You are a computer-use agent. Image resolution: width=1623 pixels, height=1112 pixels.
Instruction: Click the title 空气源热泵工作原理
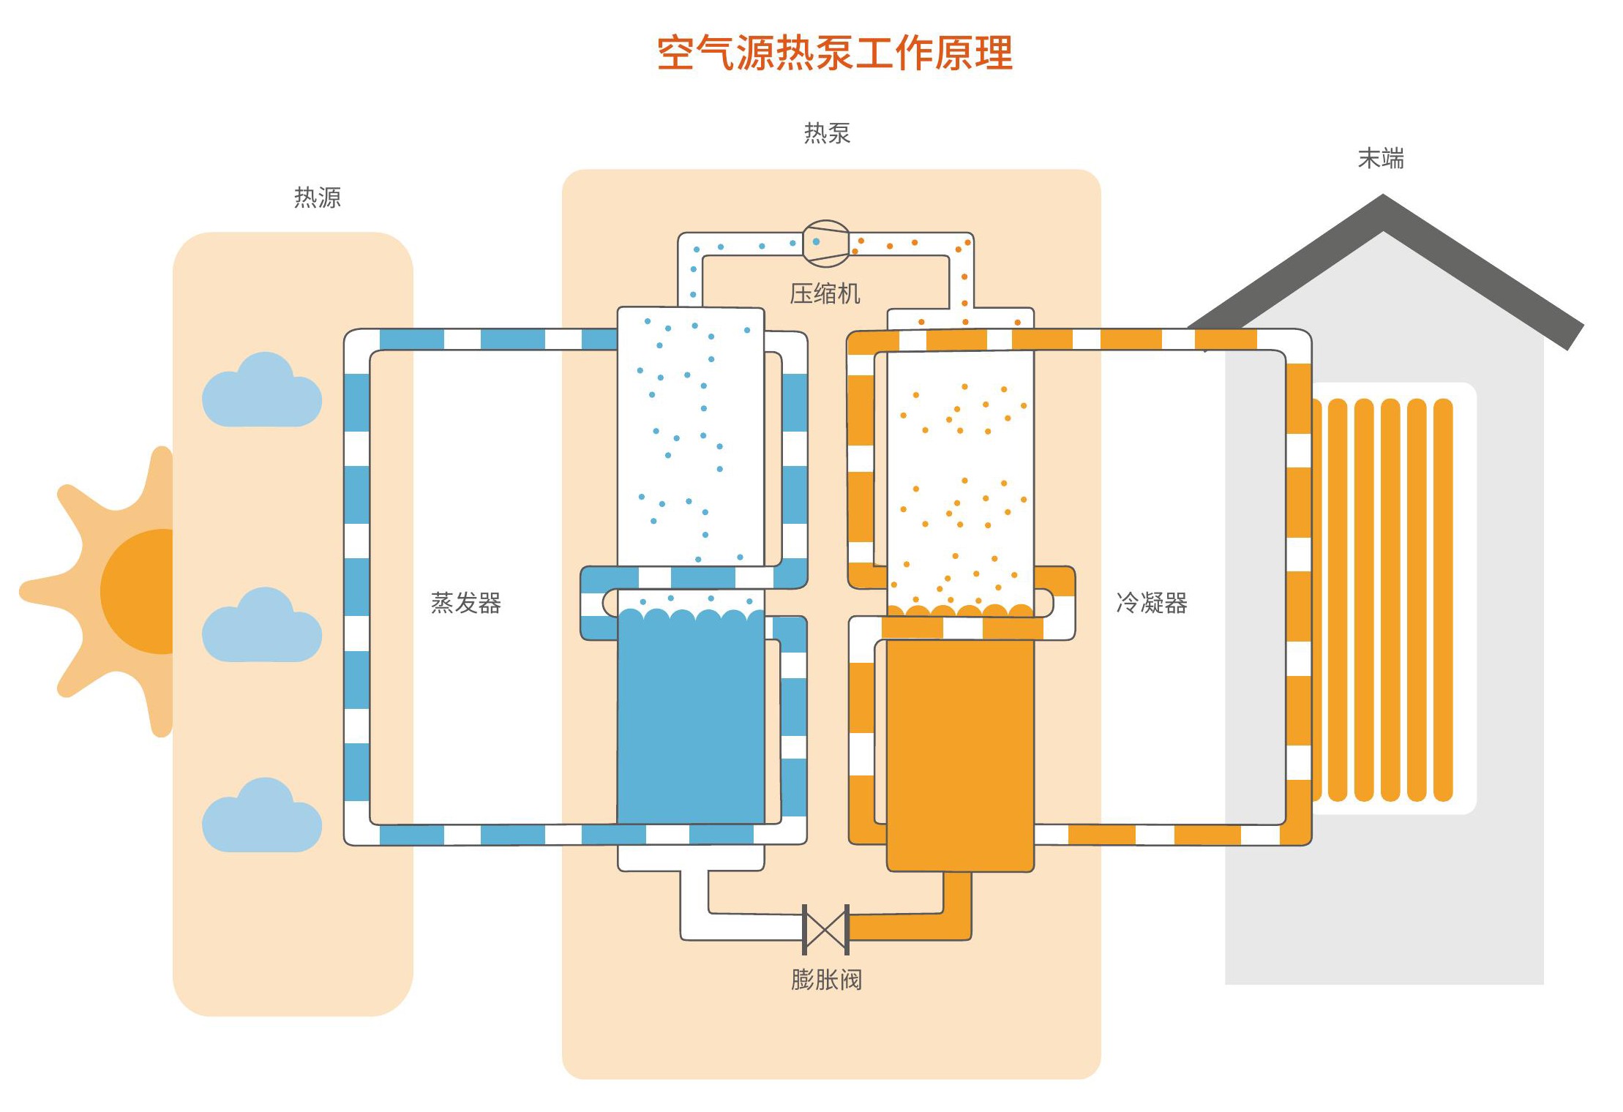(x=834, y=53)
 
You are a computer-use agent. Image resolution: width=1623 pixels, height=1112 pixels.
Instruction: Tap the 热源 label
(x=317, y=198)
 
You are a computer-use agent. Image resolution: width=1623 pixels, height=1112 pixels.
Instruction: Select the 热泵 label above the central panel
(x=827, y=133)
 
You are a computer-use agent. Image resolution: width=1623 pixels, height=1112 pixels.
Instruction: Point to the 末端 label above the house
(x=1381, y=159)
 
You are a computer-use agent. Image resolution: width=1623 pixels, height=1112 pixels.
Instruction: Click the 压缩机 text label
(x=825, y=294)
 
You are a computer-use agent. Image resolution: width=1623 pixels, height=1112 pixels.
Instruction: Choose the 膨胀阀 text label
(x=826, y=980)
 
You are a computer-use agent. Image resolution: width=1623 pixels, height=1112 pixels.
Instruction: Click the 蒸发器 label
(x=466, y=603)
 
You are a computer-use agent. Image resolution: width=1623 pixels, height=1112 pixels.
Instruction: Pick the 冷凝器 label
(x=1151, y=603)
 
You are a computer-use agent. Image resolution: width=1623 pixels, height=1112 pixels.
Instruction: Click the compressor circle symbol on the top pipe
(x=826, y=243)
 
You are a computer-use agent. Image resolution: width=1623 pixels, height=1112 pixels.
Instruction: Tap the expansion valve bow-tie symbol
(x=825, y=930)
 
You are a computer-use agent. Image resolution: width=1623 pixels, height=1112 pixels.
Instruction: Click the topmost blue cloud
(x=261, y=392)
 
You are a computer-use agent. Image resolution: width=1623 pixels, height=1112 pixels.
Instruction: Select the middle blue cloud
(x=261, y=627)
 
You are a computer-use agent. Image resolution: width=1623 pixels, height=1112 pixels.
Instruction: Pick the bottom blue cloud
(x=261, y=817)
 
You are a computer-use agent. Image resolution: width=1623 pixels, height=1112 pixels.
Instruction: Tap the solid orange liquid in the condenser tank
(x=960, y=754)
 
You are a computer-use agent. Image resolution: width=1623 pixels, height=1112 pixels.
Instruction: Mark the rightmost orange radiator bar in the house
(x=1442, y=600)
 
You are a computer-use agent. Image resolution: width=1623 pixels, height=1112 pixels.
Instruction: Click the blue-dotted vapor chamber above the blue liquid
(x=691, y=439)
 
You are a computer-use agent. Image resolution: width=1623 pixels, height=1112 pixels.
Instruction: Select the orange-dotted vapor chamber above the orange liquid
(x=960, y=476)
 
